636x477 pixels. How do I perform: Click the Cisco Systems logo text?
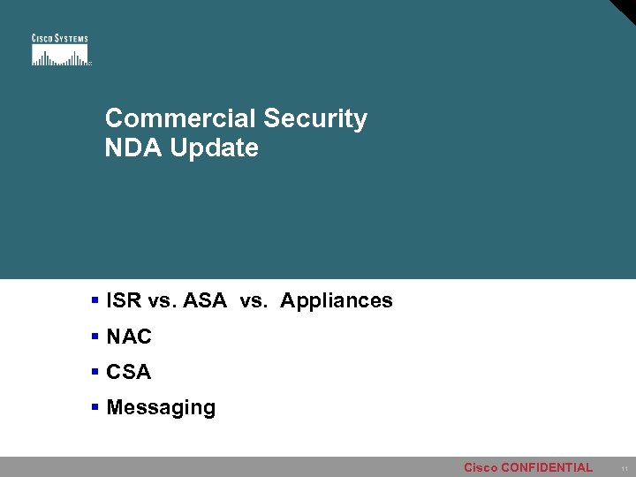coord(60,38)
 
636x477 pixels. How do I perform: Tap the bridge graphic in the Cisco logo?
coord(60,56)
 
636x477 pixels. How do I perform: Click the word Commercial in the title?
coord(180,118)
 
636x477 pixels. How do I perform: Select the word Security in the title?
coord(315,118)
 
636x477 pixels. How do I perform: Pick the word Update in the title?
coord(215,148)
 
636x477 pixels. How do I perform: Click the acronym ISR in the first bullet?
coord(125,300)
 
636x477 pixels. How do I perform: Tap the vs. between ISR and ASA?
coord(163,300)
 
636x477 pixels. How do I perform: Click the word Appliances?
coord(337,300)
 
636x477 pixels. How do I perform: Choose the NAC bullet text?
coord(129,337)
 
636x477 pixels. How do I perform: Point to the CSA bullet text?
coord(129,373)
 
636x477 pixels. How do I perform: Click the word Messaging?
coord(161,408)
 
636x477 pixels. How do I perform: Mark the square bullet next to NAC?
coord(95,337)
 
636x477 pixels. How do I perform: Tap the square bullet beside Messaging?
coord(95,407)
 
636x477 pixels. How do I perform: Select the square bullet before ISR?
coord(95,300)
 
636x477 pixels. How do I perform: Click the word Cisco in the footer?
coord(481,467)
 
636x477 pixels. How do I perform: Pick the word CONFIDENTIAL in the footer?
coord(547,467)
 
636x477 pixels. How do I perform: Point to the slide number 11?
coord(624,468)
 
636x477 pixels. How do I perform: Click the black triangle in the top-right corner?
coord(626,9)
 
